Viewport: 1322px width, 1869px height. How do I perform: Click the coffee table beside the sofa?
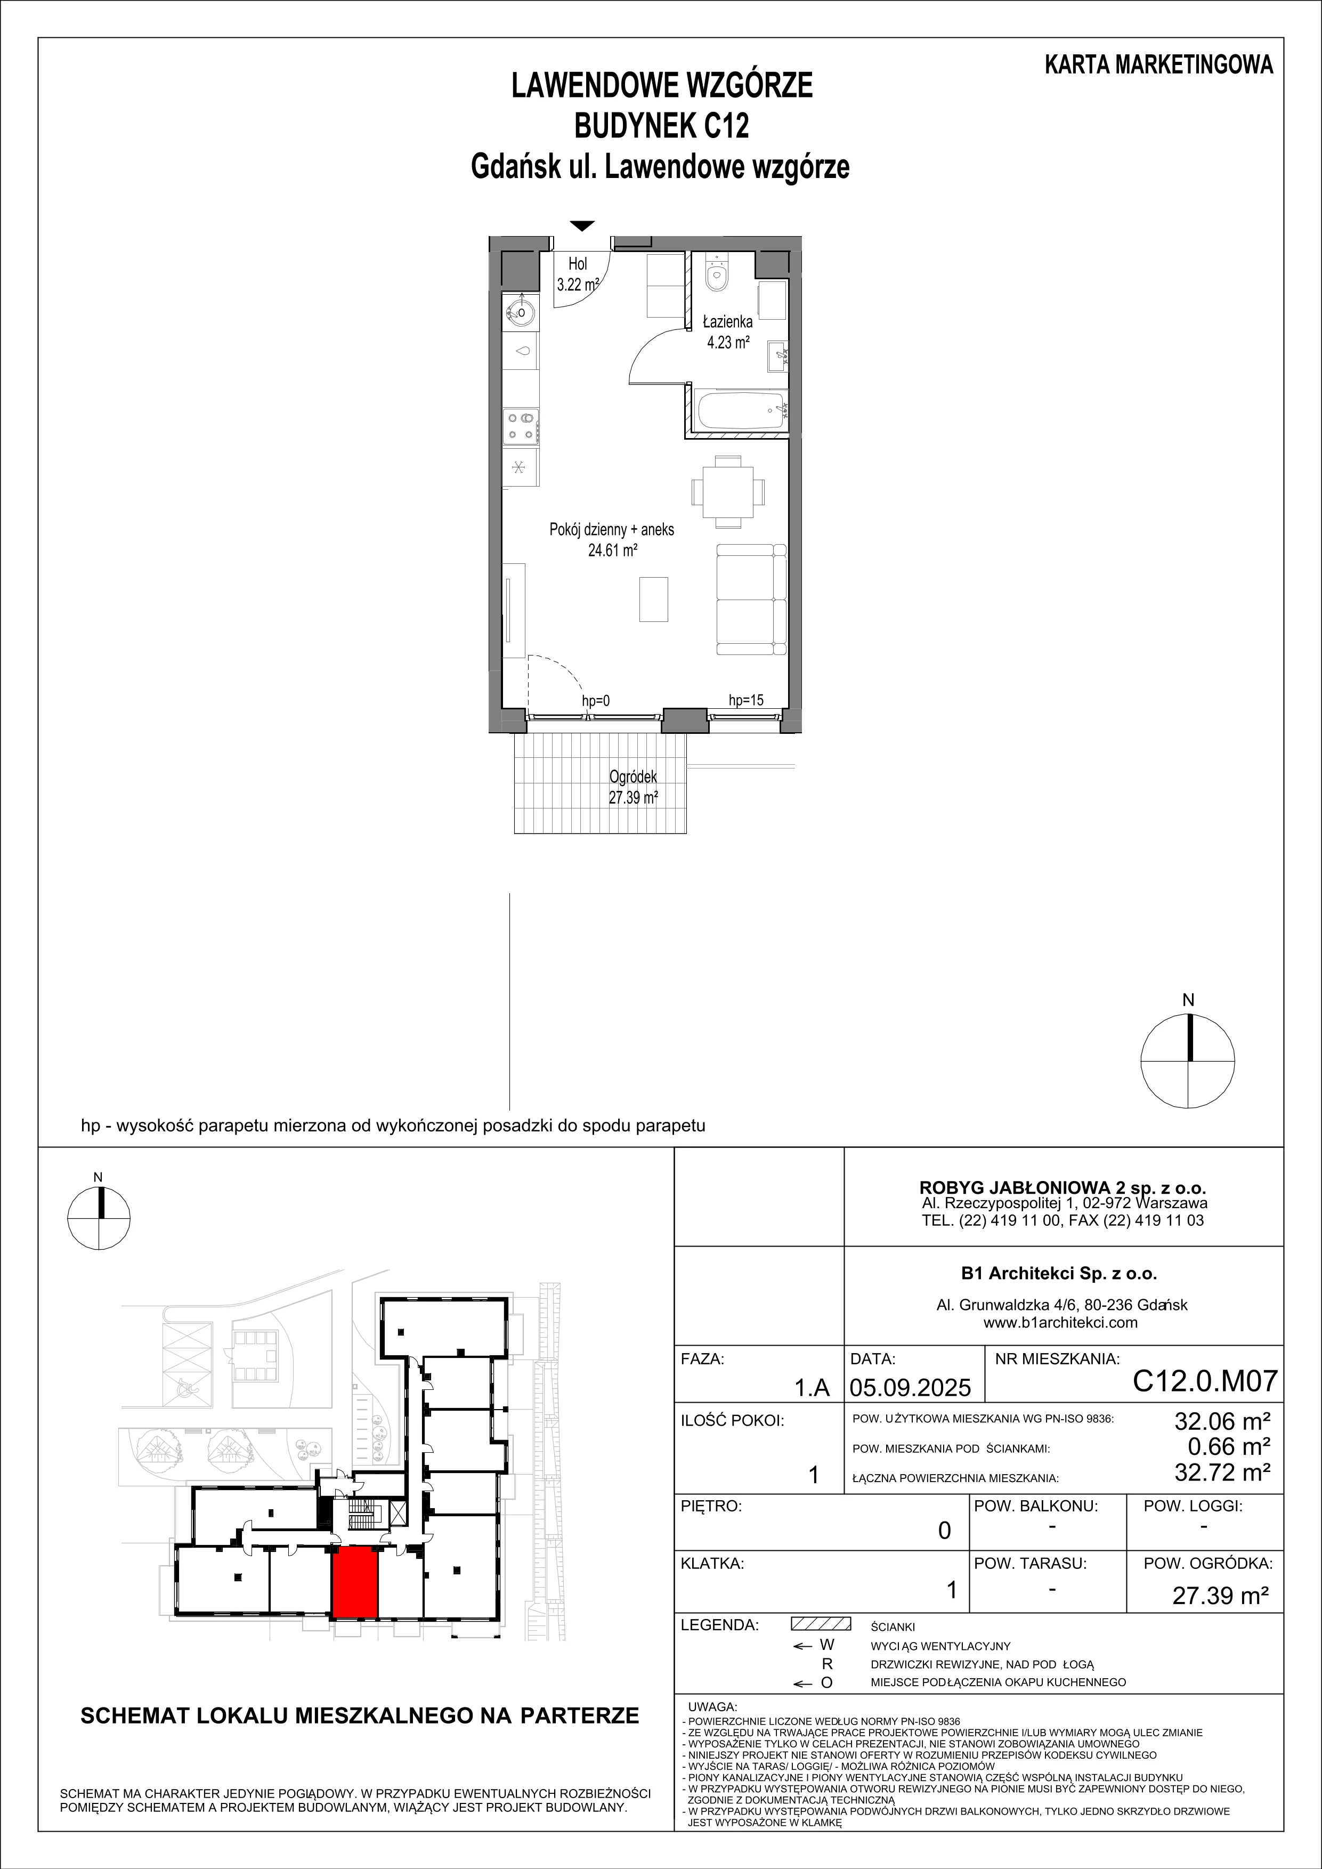pos(653,598)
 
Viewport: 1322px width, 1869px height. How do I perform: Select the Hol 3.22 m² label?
pos(578,274)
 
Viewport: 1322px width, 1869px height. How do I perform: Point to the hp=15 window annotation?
pos(745,700)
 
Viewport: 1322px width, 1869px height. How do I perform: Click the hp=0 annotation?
pos(596,701)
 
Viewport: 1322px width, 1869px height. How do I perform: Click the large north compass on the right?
pos(1188,1061)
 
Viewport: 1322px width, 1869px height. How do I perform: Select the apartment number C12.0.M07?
pos(1205,1381)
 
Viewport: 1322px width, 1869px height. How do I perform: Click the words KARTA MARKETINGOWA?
pos(1159,65)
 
